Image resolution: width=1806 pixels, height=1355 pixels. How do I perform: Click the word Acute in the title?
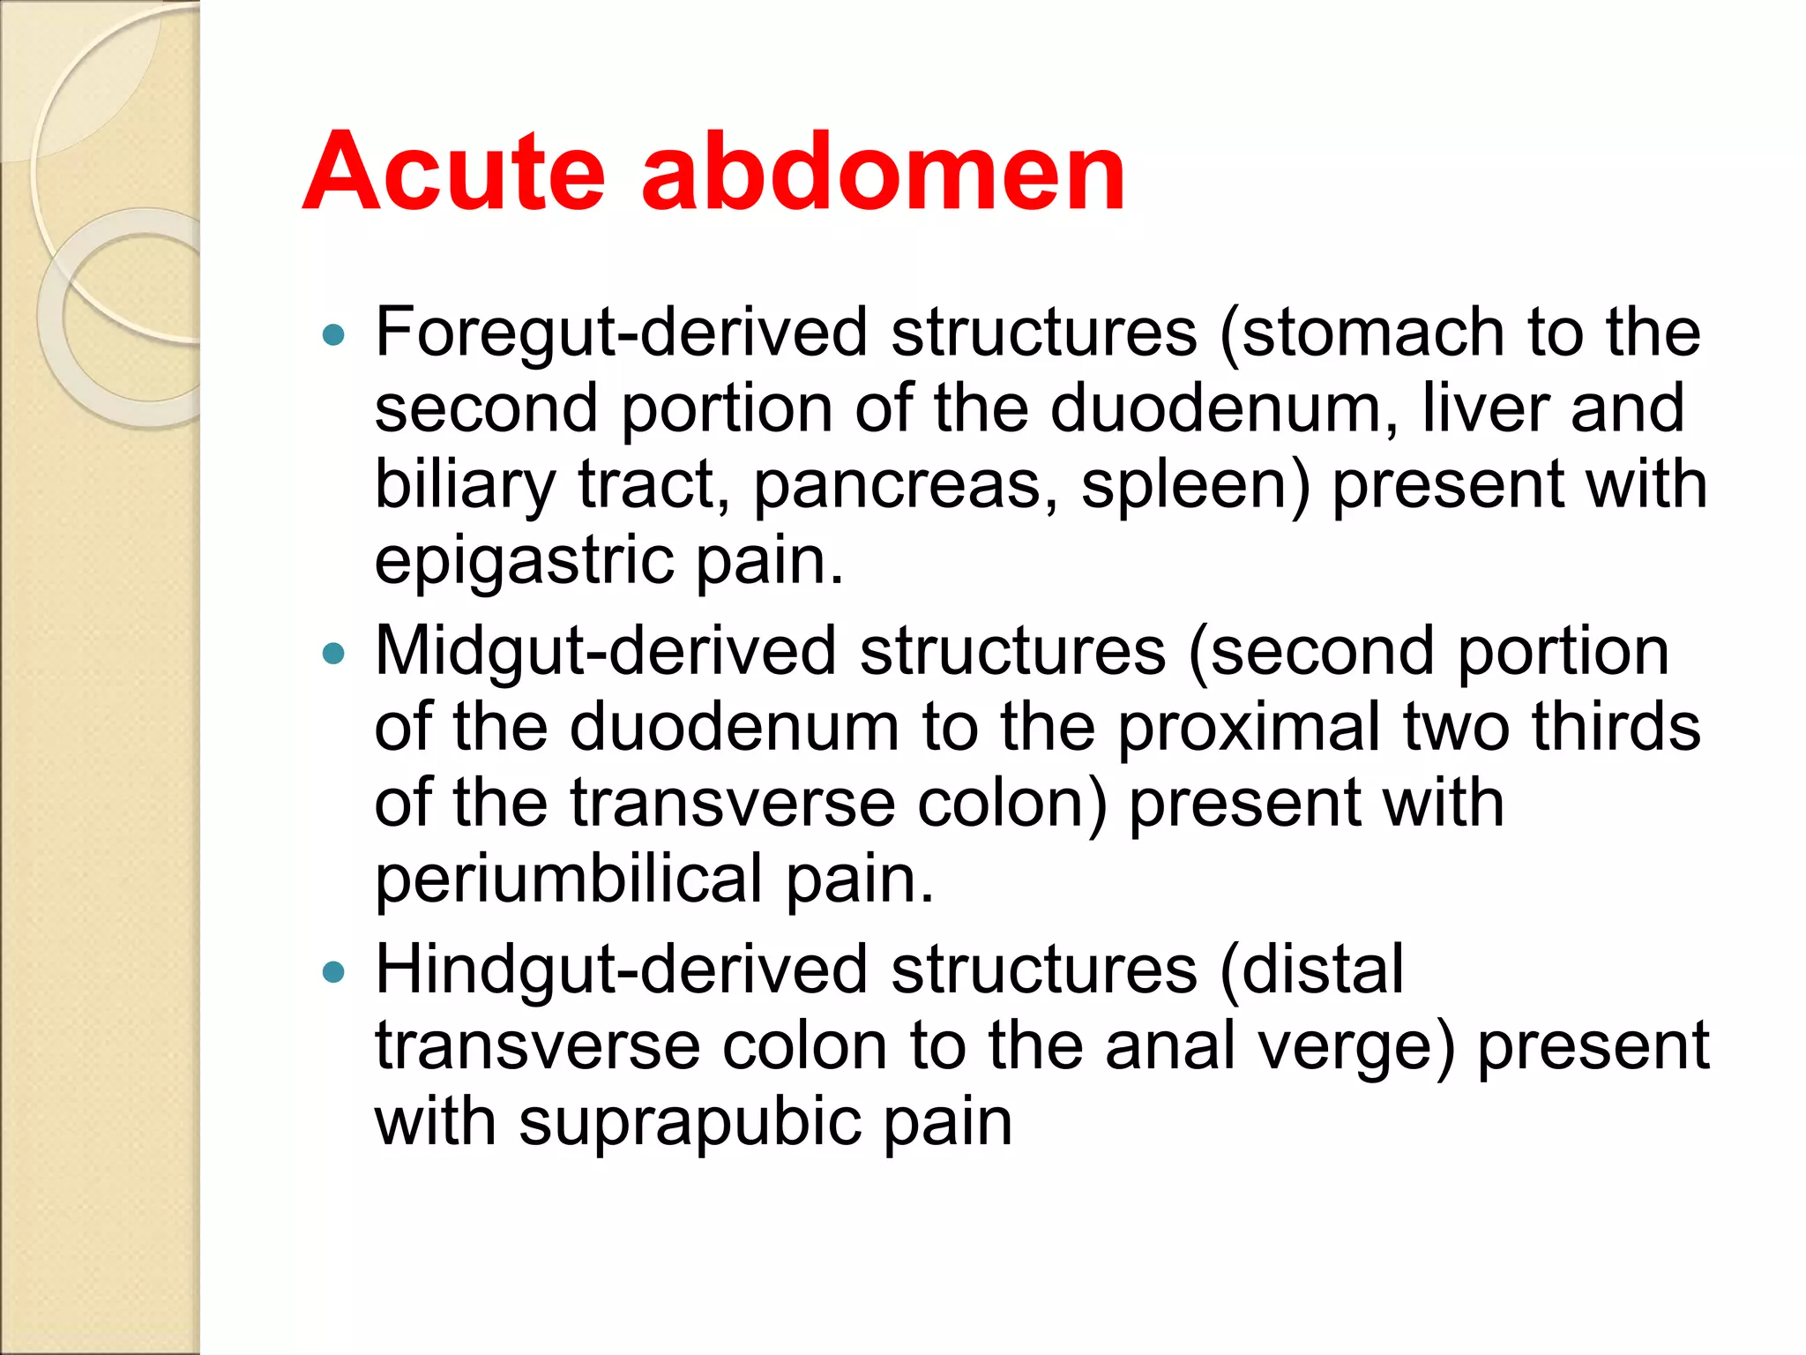click(x=453, y=172)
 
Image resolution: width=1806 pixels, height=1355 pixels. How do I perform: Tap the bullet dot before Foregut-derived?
click(x=333, y=335)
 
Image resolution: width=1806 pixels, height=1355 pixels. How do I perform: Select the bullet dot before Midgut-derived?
click(x=333, y=654)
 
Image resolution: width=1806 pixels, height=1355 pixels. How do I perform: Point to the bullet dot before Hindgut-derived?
click(x=333, y=972)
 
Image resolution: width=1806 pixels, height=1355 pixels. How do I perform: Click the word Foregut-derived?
click(x=622, y=333)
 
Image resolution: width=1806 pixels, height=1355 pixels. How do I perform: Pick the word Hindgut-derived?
click(x=622, y=970)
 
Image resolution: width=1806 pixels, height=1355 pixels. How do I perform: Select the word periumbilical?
click(x=569, y=880)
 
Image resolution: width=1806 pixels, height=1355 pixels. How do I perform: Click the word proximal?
click(x=1249, y=729)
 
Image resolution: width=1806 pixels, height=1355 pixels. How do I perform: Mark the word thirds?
click(x=1616, y=727)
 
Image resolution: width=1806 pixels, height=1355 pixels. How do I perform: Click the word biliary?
click(x=465, y=486)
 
